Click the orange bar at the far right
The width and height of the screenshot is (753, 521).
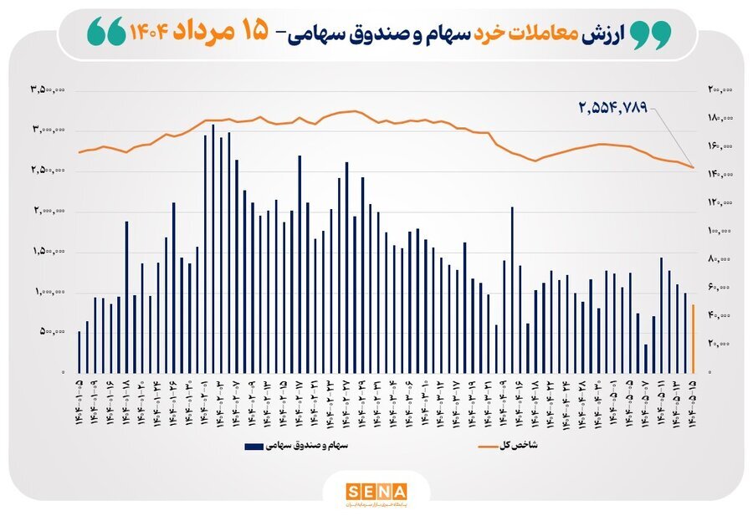pos(694,339)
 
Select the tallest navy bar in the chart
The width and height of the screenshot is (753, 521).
pos(213,248)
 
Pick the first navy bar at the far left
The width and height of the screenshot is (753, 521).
pos(79,351)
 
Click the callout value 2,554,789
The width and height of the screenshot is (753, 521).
pos(613,108)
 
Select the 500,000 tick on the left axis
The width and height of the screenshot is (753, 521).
pos(52,332)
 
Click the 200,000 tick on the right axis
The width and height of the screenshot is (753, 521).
pos(721,89)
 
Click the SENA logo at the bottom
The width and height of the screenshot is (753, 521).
pos(376,492)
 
